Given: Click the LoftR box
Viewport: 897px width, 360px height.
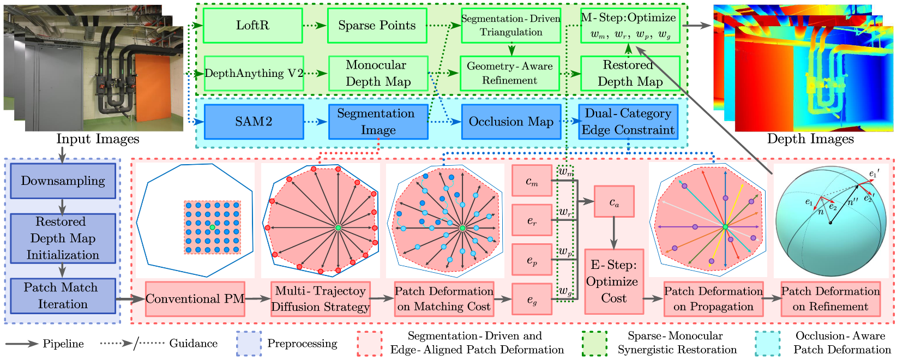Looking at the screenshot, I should point(252,25).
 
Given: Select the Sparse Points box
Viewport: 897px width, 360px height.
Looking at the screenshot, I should point(377,25).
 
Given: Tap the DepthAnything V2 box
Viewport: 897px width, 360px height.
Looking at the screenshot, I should point(254,73).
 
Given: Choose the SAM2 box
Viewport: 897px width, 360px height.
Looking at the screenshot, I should point(254,122).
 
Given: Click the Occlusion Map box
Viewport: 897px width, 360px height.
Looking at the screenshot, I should point(511,122).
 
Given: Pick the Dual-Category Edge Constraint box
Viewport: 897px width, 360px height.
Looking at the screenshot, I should point(628,122).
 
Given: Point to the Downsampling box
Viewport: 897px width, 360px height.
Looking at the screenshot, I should point(63,181).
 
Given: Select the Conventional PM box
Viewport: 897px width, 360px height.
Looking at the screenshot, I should point(195,299).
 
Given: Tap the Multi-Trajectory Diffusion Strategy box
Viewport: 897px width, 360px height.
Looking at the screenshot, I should point(321,299).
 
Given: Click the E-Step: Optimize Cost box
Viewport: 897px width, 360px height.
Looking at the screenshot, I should point(614,281).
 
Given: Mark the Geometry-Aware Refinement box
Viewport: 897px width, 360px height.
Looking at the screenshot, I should point(510,73).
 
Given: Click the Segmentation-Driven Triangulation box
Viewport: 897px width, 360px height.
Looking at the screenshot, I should point(511,25).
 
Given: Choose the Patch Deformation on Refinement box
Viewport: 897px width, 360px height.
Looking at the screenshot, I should point(830,299).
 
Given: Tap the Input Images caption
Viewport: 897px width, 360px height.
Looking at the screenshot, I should point(98,139).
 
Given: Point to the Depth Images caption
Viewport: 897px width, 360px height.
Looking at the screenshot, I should point(810,139).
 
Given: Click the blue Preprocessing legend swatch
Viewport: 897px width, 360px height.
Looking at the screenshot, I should point(249,344).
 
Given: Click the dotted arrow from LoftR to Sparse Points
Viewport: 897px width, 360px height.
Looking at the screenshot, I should point(315,25).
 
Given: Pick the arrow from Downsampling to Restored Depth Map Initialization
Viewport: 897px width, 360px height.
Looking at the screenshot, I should point(62,206).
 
